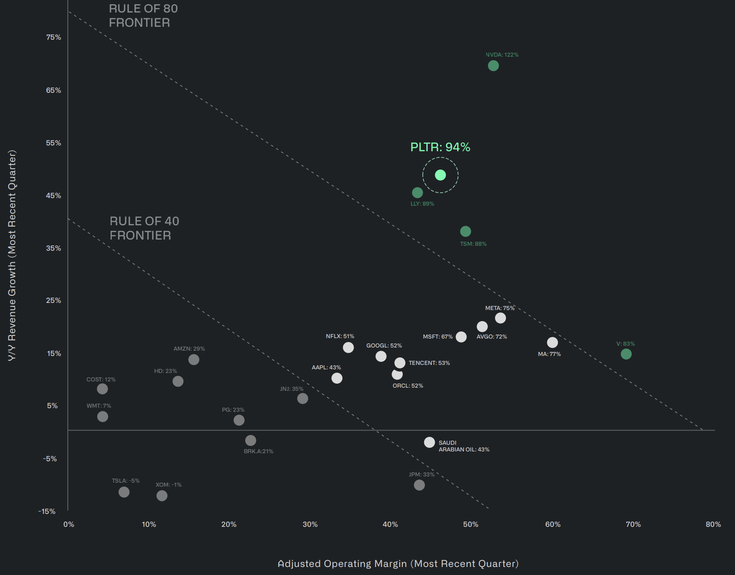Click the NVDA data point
[x=493, y=66]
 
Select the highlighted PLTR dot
[x=440, y=175]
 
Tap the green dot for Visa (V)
[x=626, y=354]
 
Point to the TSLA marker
[x=124, y=492]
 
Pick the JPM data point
[x=419, y=485]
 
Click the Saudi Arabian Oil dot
[x=429, y=442]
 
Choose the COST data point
[x=102, y=389]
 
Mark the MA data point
[x=553, y=342]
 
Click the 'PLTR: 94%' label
[x=440, y=147]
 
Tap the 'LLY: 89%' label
[x=422, y=204]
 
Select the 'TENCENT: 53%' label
[x=429, y=363]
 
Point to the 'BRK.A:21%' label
[x=258, y=451]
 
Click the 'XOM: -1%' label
[x=168, y=485]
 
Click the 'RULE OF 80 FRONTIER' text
[x=143, y=16]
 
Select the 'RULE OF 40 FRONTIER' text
[x=144, y=228]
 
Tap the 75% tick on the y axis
[x=54, y=37]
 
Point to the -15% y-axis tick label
[x=47, y=511]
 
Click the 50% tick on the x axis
[x=471, y=524]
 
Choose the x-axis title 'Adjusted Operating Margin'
[x=398, y=564]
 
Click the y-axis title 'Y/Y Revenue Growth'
[x=12, y=255]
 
